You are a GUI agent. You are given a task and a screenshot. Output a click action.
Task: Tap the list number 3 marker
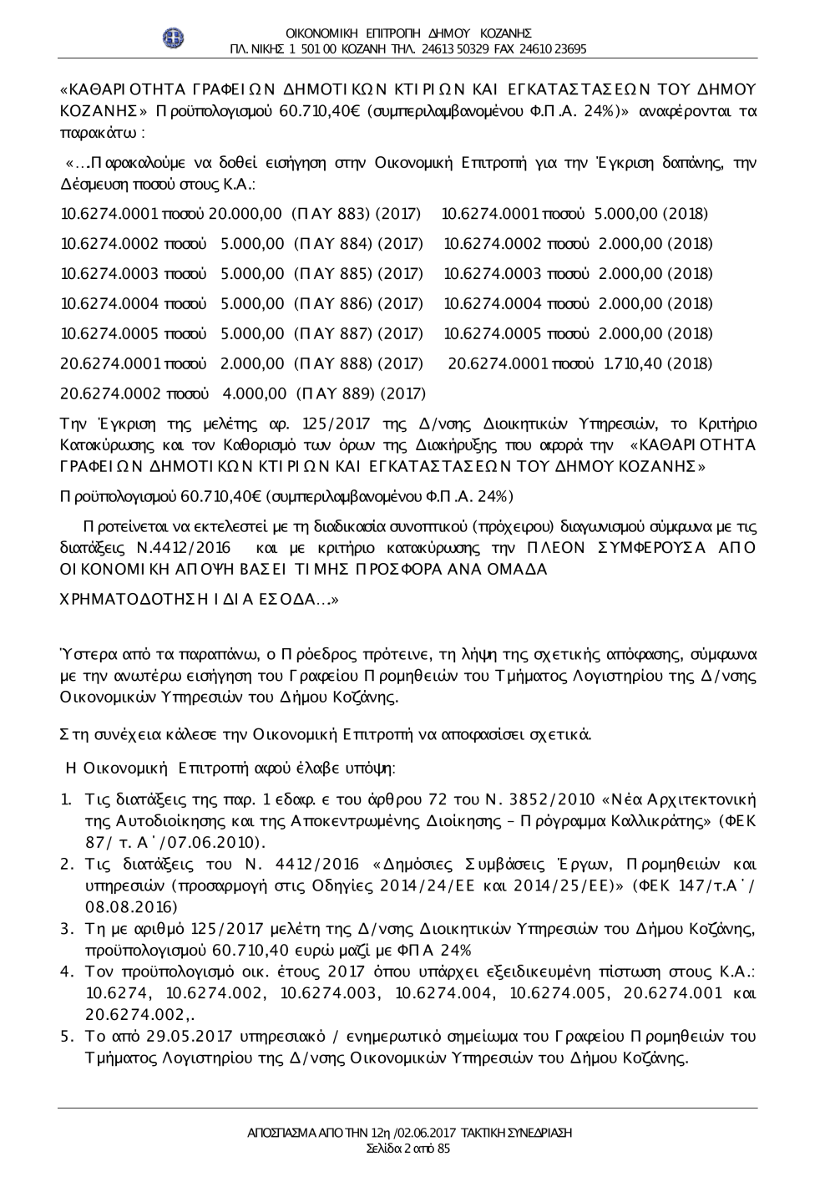66,928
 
